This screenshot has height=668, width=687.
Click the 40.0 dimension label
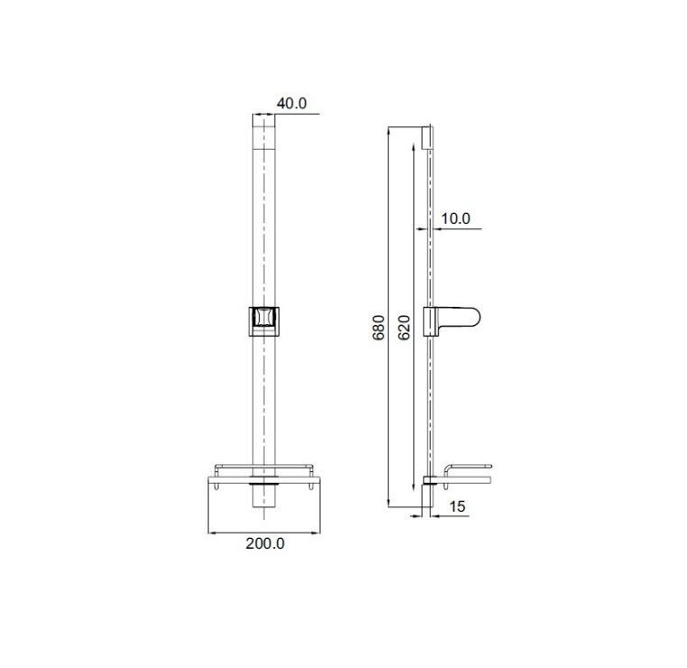click(291, 104)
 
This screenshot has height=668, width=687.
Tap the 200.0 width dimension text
click(265, 543)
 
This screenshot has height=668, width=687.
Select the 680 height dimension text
click(379, 327)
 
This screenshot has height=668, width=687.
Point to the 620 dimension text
click(405, 327)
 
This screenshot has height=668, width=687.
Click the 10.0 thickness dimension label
click(455, 218)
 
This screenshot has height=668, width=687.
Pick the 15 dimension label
click(457, 506)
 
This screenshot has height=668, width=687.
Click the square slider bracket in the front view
click(264, 321)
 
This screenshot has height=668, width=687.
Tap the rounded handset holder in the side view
click(452, 321)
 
